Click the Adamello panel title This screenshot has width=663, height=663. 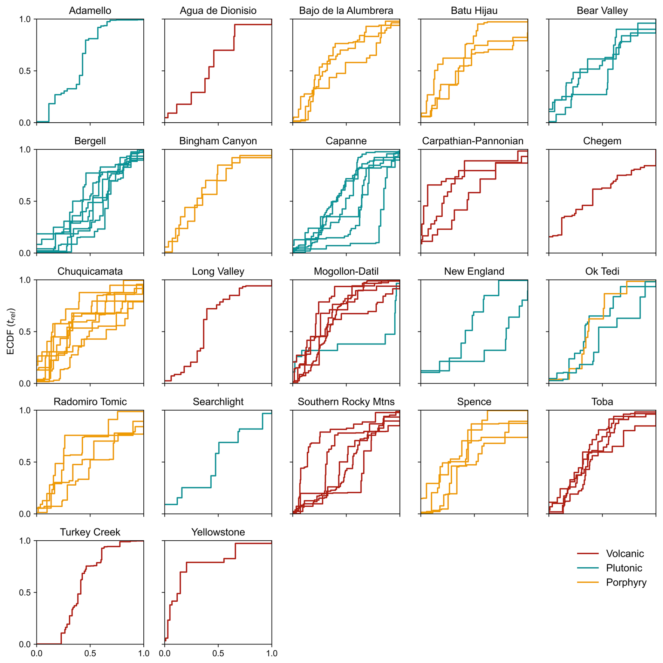coord(90,11)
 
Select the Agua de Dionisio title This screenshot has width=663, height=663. coord(218,11)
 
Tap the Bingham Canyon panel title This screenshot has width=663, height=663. coord(218,141)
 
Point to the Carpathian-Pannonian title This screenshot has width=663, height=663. coord(472,141)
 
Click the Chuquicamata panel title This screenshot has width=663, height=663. coord(90,271)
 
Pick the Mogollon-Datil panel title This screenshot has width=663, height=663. coord(346,271)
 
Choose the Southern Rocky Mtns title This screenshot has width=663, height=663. coord(346,402)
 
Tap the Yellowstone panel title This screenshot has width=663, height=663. coord(218,532)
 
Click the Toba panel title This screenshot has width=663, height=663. coord(602,402)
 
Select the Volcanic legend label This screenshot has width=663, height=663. coord(625,554)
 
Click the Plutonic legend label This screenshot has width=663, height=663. coord(624,568)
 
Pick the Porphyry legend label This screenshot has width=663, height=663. coord(626,582)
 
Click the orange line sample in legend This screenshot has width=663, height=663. coord(588,582)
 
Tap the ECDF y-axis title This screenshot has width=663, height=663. coord(11,331)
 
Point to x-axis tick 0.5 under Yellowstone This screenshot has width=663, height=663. coord(218,653)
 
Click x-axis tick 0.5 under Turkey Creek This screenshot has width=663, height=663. coord(90,653)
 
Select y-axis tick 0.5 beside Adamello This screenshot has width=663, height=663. coord(25,71)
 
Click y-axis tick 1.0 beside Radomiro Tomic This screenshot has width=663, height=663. coord(25,410)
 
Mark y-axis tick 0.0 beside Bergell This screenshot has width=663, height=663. coord(25,253)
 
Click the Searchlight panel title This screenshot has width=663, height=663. coord(218,402)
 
